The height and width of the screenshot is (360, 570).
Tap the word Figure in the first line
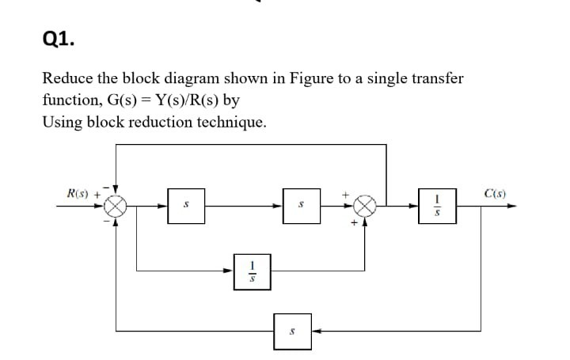pyautogui.click(x=293, y=79)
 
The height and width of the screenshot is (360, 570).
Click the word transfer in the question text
pyautogui.click(x=434, y=79)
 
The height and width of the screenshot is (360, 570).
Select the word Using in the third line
pyautogui.click(x=62, y=123)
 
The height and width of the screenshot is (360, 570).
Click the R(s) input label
pyautogui.click(x=80, y=192)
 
